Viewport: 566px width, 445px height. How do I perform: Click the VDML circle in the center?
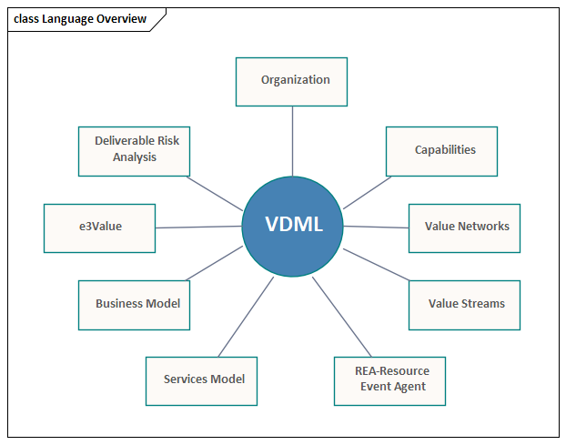(292, 227)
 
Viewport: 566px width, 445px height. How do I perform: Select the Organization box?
(292, 82)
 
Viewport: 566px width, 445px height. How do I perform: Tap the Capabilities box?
(442, 152)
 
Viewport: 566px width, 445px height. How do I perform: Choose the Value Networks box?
(465, 228)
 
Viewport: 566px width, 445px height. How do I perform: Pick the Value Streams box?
(465, 306)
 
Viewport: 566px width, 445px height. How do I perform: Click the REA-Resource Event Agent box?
(389, 381)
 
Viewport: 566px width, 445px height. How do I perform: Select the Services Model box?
(201, 381)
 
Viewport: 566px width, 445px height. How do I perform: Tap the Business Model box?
(135, 306)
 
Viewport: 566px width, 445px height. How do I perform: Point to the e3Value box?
(99, 228)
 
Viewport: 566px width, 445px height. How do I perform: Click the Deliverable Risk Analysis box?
(135, 152)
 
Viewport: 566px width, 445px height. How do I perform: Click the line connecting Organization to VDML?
(292, 141)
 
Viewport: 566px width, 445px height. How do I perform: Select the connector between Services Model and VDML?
(246, 317)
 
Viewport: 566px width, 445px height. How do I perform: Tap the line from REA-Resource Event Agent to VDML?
(342, 317)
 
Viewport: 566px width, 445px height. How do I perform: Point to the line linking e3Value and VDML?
(198, 227)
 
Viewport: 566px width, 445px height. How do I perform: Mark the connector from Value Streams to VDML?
(376, 265)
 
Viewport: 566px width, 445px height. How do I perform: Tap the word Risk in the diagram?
(167, 140)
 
